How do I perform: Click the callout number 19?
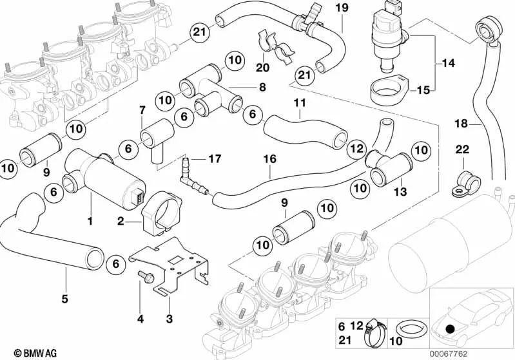[x=341, y=8]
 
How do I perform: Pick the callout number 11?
[x=300, y=102]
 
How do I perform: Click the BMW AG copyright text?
[x=24, y=353]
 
